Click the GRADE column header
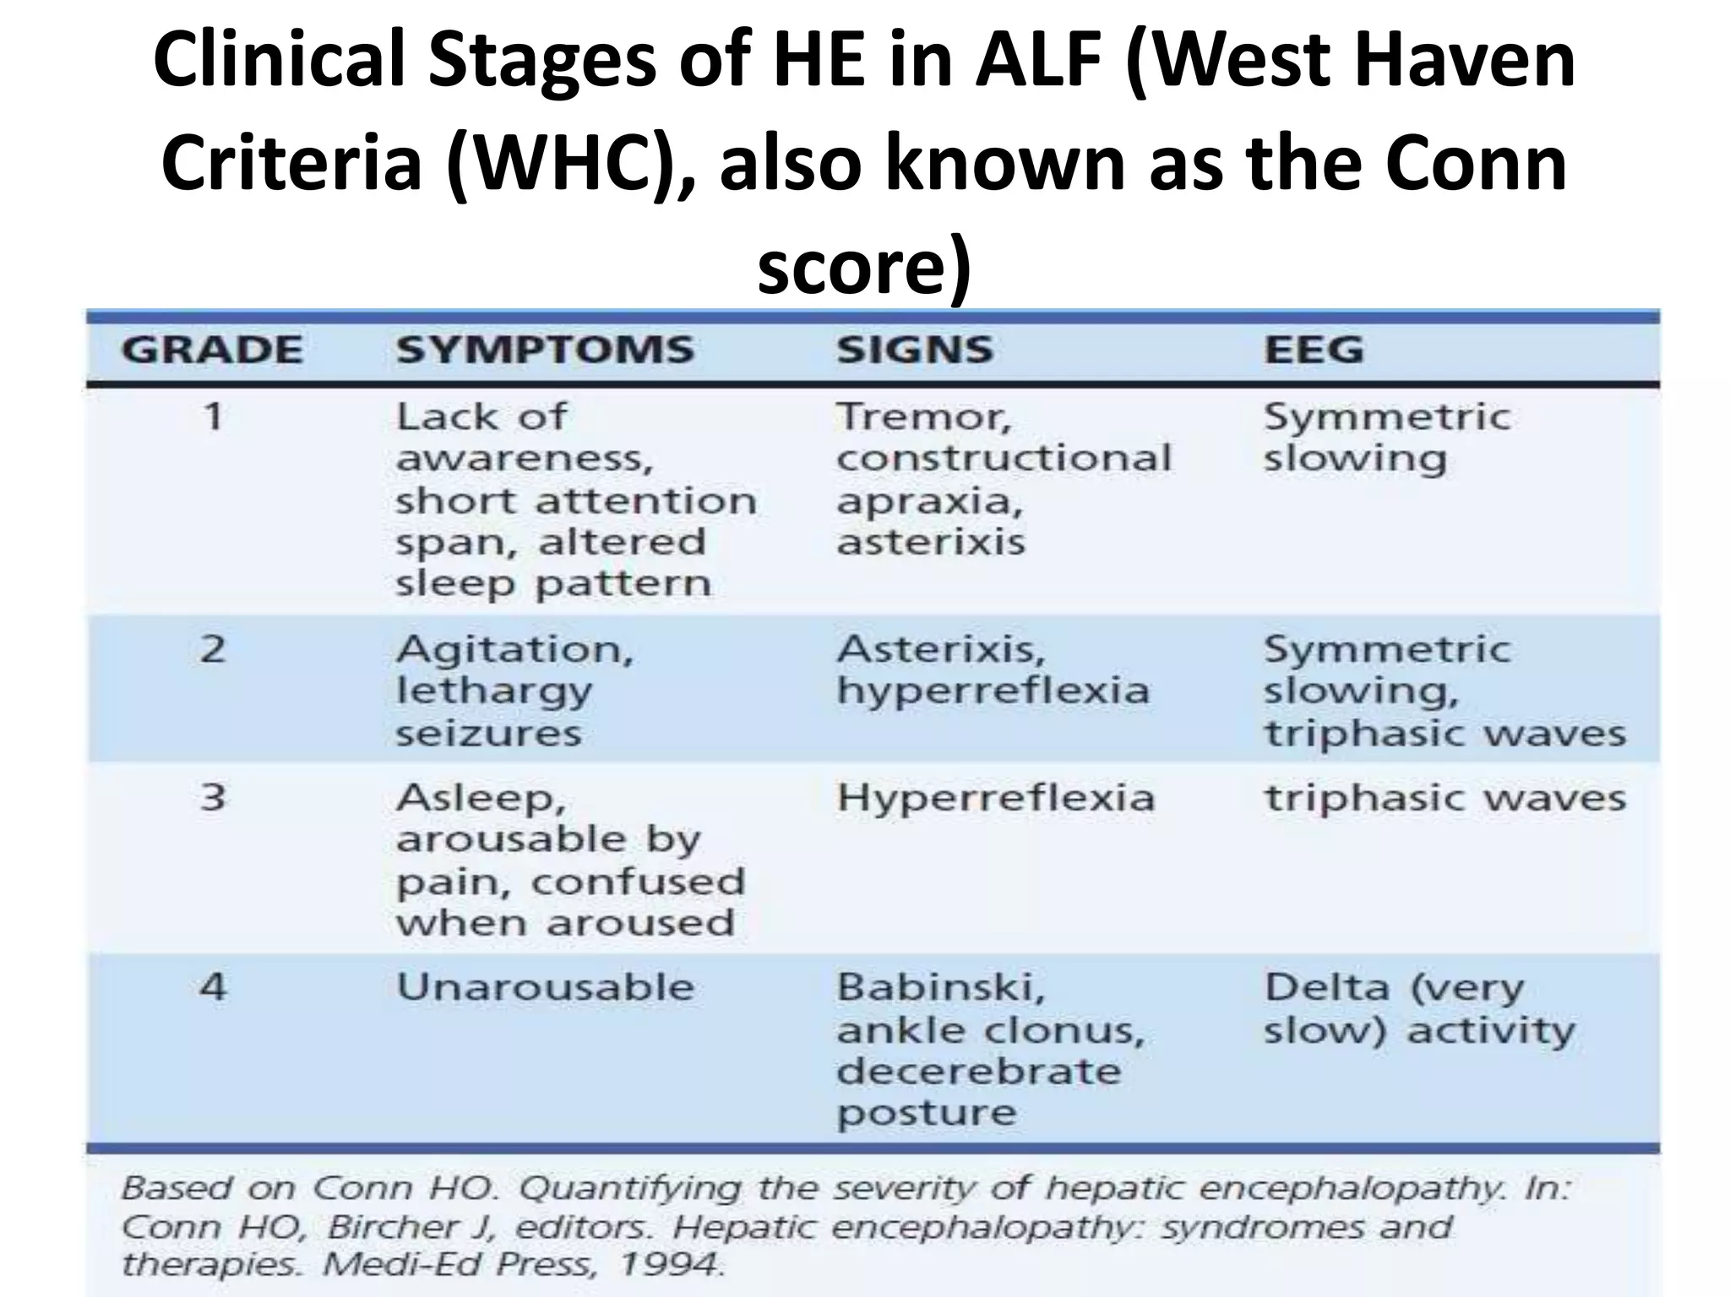coord(211,350)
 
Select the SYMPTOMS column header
coord(545,350)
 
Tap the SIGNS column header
coord(915,350)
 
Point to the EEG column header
coord(1314,350)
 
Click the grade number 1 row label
coord(213,416)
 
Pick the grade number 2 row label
coord(213,649)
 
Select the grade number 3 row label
coord(213,797)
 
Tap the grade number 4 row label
coord(213,986)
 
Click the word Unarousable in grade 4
coord(546,986)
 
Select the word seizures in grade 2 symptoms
coord(488,733)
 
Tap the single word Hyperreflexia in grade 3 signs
coord(995,797)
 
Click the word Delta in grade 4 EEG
coord(1326,986)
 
